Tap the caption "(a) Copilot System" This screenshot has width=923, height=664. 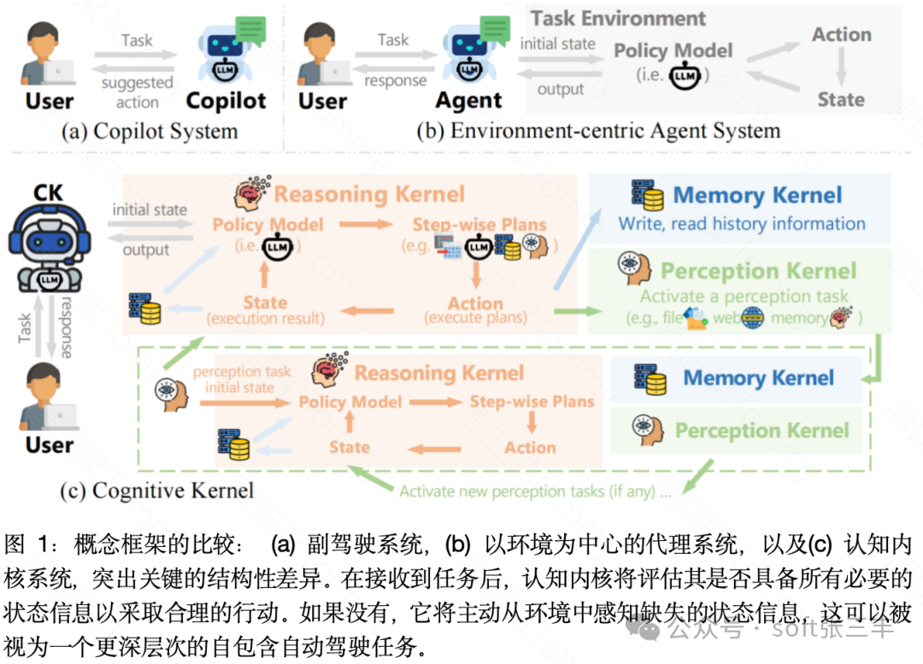click(149, 131)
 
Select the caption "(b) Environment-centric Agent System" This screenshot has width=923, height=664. click(598, 131)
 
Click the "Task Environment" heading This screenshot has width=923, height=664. click(618, 19)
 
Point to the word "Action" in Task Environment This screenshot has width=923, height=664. click(841, 35)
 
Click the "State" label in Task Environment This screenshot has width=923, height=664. click(841, 100)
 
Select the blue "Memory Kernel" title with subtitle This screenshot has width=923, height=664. click(757, 195)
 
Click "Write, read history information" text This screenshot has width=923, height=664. click(742, 224)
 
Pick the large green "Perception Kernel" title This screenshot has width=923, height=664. click(758, 272)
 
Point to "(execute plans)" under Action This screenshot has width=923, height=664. click(475, 319)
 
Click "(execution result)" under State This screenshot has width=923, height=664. click(265, 319)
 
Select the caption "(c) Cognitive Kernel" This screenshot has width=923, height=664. click(157, 491)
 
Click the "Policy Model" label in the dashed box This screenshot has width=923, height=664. click(350, 402)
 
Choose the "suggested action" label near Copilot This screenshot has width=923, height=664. click(137, 92)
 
